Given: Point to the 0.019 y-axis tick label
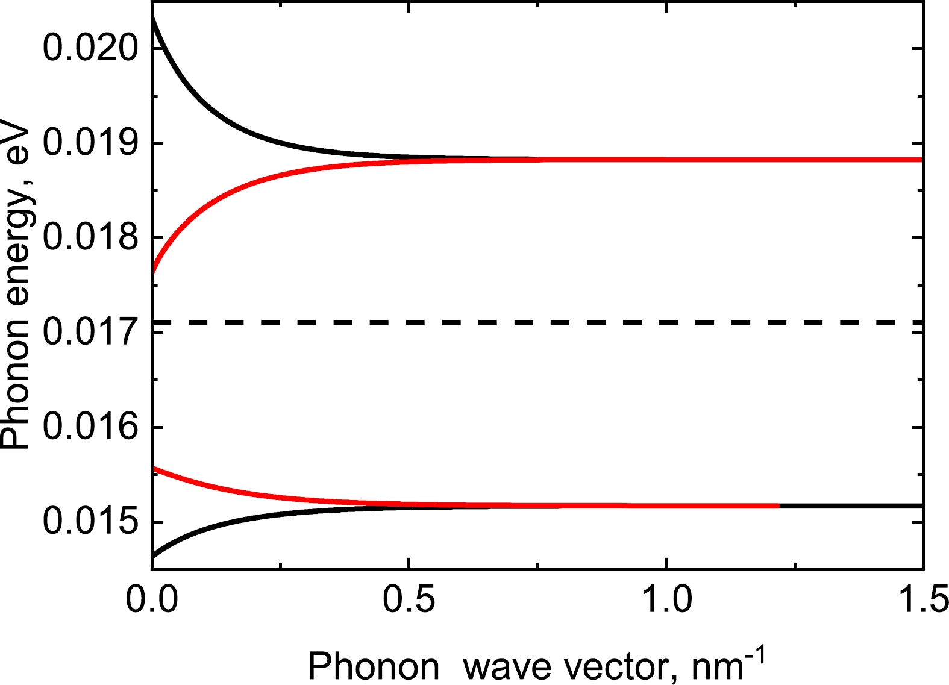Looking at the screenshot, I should click(91, 143).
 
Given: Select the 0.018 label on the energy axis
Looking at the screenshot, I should click(91, 237).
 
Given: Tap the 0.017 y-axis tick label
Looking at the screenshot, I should click(91, 332).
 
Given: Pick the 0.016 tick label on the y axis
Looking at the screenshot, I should click(91, 427).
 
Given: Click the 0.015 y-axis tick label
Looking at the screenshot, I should click(91, 522).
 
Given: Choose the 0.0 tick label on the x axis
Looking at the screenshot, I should click(152, 601).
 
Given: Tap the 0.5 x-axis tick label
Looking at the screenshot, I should click(409, 601).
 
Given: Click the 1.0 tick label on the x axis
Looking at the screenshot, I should click(666, 601).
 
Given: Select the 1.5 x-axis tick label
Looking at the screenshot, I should click(922, 601).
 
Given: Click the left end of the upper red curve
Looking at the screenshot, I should click(153, 272).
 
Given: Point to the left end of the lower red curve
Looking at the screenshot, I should click(153, 468).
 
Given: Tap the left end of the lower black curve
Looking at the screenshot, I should click(153, 557).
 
